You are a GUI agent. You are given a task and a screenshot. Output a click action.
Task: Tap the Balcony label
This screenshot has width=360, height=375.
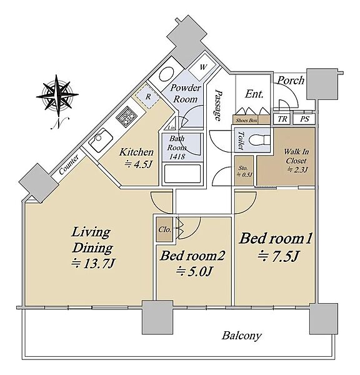coord(241,336)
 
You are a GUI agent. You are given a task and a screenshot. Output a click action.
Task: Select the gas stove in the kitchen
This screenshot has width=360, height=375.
coord(126,116)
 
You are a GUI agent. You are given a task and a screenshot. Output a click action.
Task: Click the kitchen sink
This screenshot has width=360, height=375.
coord(101,140)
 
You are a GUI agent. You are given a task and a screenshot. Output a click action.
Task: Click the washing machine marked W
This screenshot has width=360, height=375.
coord(202,67)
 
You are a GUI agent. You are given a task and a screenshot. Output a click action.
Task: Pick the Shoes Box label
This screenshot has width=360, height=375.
coord(246,121)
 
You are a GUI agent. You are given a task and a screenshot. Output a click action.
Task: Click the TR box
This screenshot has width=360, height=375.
coord(282,119)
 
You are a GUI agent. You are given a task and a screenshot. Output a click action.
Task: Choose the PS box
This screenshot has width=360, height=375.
coord(304,119)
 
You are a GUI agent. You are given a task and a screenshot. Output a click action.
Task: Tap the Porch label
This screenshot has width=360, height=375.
coord(291,81)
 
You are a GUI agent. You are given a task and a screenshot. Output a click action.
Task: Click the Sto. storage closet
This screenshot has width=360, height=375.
coord(244,171)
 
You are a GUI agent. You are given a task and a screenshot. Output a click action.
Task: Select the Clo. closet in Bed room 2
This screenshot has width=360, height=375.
coord(164,229)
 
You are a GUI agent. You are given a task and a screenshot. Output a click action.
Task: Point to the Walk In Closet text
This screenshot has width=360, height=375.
coord(296,156)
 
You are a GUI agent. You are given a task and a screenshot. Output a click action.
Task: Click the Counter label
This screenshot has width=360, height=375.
coord(69,164)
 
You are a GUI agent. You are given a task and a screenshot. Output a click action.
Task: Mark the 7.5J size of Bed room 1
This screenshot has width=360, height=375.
coord(278,257)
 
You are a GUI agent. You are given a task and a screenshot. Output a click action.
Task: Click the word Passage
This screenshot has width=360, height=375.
coord(218,105)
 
